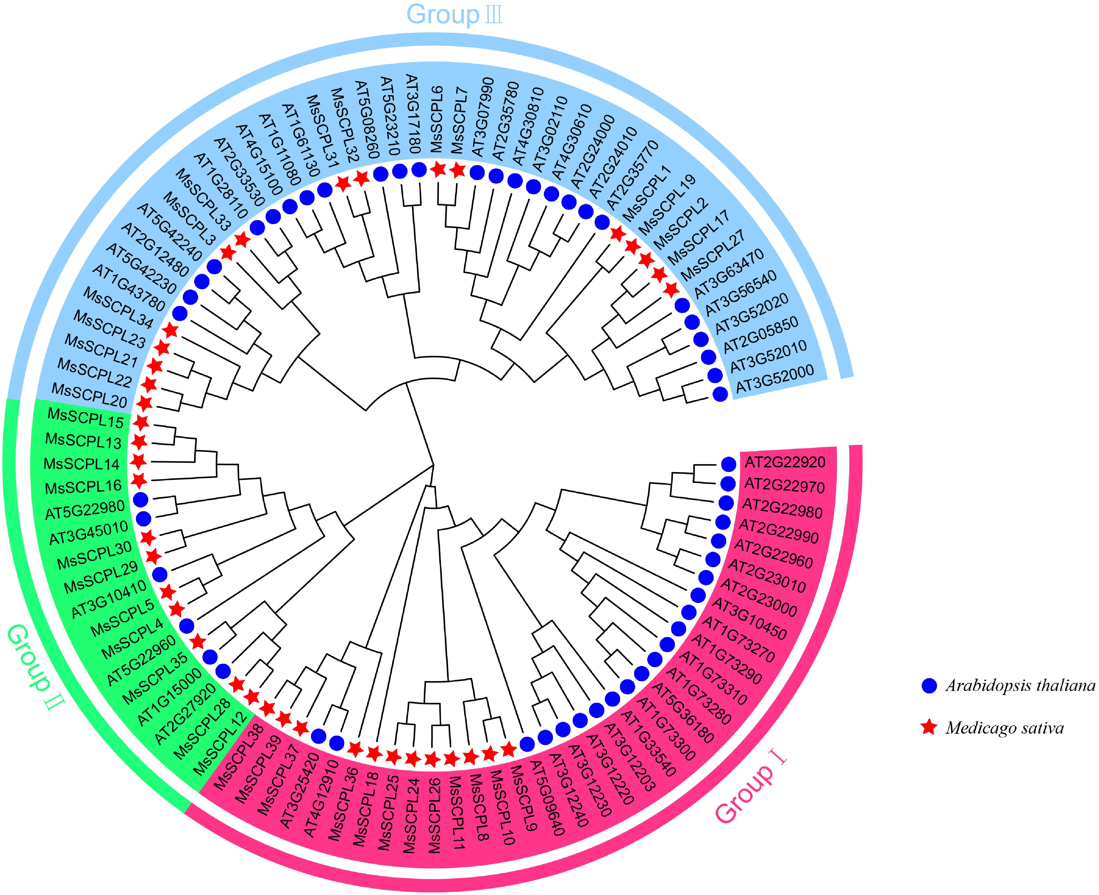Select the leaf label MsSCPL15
click(85, 418)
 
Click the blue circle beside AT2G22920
click(728, 464)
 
